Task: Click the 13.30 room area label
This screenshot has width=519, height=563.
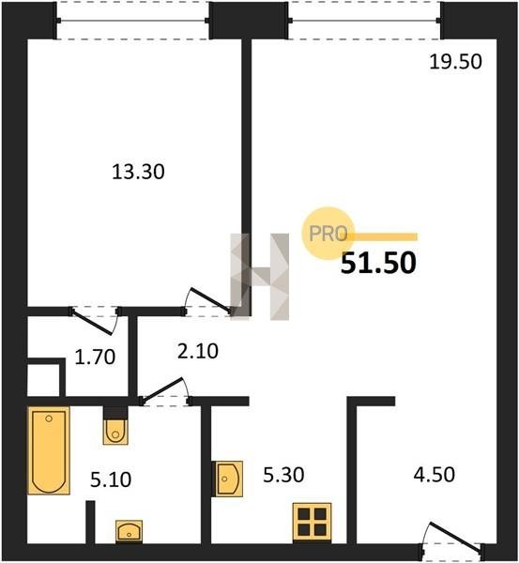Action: click(x=138, y=172)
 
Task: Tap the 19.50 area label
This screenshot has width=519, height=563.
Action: click(x=455, y=62)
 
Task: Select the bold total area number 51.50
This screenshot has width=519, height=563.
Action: click(x=378, y=263)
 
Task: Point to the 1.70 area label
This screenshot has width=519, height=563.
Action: click(x=95, y=358)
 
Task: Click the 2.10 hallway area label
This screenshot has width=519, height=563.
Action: click(x=198, y=351)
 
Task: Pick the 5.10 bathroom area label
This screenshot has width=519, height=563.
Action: click(x=111, y=479)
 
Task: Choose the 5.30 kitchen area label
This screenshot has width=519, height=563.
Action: click(x=283, y=475)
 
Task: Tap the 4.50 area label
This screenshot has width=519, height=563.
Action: click(x=435, y=474)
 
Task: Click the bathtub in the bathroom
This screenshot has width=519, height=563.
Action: click(x=49, y=450)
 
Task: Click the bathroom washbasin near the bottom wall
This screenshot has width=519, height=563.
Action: click(x=129, y=531)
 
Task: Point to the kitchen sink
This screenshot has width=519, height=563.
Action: click(x=229, y=479)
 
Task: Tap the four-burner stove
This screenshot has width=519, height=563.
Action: click(x=312, y=522)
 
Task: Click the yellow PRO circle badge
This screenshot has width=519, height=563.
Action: click(x=328, y=234)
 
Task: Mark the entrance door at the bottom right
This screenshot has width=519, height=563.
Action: click(x=453, y=538)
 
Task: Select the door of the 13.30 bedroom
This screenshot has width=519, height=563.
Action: click(x=208, y=301)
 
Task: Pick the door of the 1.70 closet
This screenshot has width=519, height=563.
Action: click(x=95, y=321)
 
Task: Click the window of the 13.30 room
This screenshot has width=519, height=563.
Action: click(x=132, y=21)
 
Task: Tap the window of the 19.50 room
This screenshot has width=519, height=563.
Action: click(x=364, y=21)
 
